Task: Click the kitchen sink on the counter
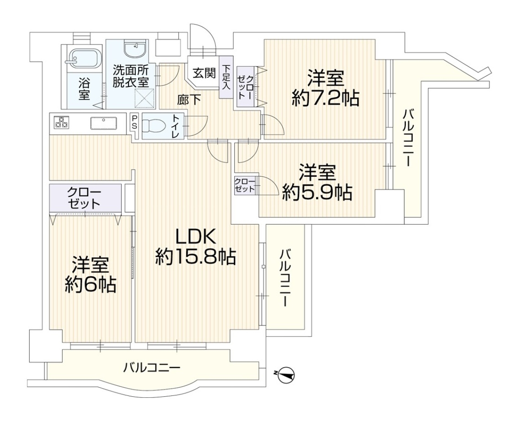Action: [x=104, y=123]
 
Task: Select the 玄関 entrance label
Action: [x=204, y=73]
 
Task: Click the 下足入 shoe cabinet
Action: [x=226, y=77]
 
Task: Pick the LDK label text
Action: [x=196, y=238]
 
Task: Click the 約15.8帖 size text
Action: [x=196, y=257]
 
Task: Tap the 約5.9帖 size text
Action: [x=317, y=193]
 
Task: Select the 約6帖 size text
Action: [x=90, y=285]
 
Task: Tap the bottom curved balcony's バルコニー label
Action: [x=152, y=368]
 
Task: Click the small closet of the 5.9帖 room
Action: [x=244, y=186]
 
